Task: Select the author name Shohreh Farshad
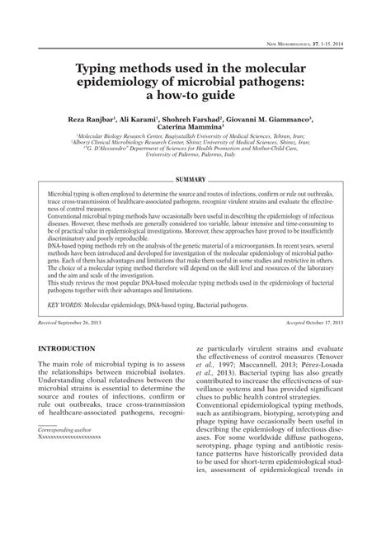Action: [206, 120]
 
